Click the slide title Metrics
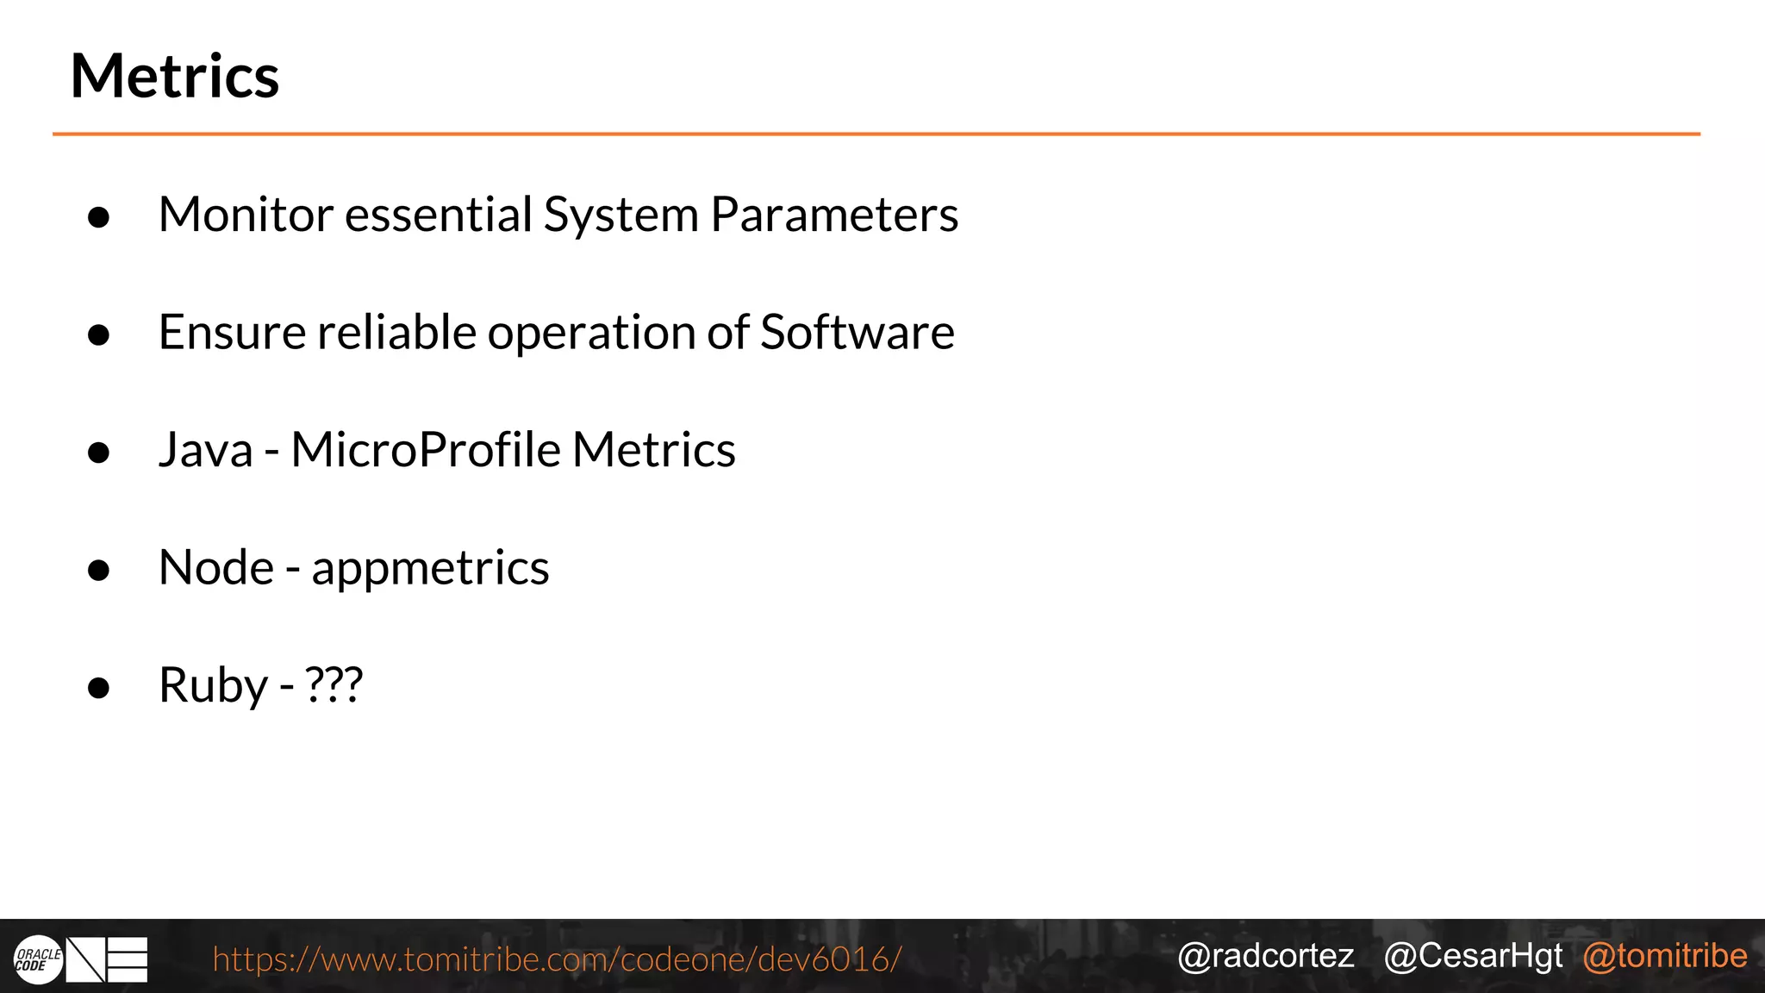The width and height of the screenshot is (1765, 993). (x=175, y=77)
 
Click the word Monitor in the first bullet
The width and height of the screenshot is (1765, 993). (x=246, y=214)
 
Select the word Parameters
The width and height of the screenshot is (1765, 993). (x=833, y=215)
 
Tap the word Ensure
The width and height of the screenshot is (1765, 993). (x=232, y=332)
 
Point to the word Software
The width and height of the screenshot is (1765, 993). (x=857, y=332)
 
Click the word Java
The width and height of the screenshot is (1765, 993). (x=206, y=450)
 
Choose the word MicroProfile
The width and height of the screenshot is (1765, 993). (x=426, y=450)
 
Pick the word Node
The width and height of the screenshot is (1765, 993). (x=216, y=568)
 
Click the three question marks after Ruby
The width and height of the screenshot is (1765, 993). (x=334, y=685)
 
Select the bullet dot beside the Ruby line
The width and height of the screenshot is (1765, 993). (x=99, y=688)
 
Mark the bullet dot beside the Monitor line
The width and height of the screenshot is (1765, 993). (x=99, y=217)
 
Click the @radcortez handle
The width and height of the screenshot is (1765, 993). (x=1265, y=956)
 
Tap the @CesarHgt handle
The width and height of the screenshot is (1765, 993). (x=1473, y=956)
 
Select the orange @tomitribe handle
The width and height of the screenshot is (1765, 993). (x=1665, y=956)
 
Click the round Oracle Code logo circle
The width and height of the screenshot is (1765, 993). (x=39, y=959)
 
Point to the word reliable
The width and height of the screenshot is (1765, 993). (x=396, y=332)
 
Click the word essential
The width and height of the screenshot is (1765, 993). (x=439, y=214)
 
